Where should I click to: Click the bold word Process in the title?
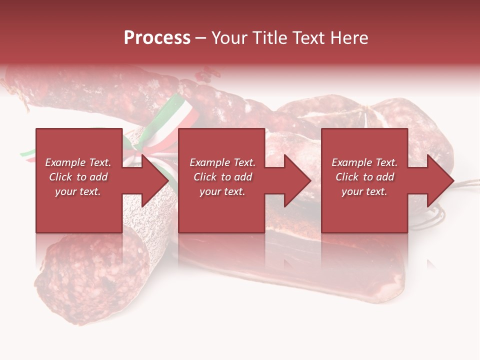point(157,38)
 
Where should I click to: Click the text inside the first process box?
point(78,177)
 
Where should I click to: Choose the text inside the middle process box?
point(222,177)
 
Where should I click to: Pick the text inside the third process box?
point(364,177)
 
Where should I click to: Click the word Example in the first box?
point(65,162)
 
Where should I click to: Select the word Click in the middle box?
point(204,177)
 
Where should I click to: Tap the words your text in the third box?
point(364,191)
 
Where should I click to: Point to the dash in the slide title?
point(200,38)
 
